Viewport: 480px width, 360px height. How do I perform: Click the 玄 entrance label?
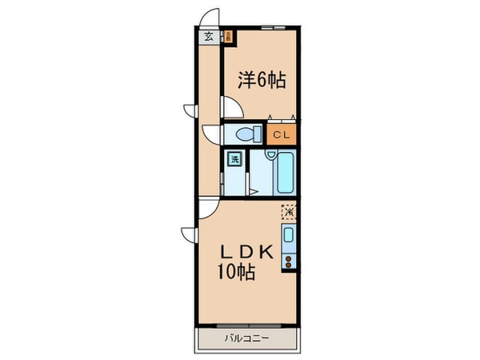click(x=208, y=36)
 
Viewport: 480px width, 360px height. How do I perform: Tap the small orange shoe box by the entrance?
click(x=227, y=36)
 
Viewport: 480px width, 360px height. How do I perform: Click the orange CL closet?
click(x=283, y=134)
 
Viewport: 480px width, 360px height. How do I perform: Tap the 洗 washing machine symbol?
click(x=235, y=158)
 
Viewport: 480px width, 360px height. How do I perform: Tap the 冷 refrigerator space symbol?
click(x=289, y=213)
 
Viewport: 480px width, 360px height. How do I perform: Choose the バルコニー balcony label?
click(x=246, y=338)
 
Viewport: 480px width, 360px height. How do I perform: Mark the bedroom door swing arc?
click(x=230, y=107)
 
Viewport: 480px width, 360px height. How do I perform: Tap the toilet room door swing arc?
click(x=211, y=134)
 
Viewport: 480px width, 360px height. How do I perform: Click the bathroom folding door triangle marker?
click(x=252, y=190)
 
